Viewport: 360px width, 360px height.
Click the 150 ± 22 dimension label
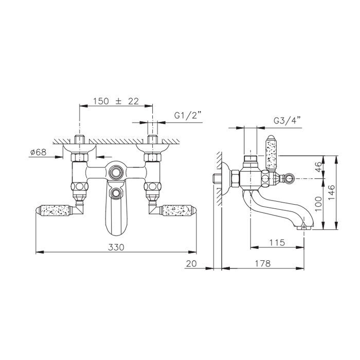click(116, 101)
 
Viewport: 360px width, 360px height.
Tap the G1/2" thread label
click(188, 116)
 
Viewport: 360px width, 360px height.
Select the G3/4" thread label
click(287, 120)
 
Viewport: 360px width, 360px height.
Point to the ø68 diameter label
click(39, 152)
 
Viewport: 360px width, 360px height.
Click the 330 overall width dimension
click(116, 247)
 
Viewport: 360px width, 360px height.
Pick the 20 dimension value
click(191, 263)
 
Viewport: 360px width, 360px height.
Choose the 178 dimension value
click(263, 263)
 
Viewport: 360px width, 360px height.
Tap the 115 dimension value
click(277, 242)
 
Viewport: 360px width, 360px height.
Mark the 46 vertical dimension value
click(318, 167)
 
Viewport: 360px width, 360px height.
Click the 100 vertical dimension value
click(318, 204)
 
